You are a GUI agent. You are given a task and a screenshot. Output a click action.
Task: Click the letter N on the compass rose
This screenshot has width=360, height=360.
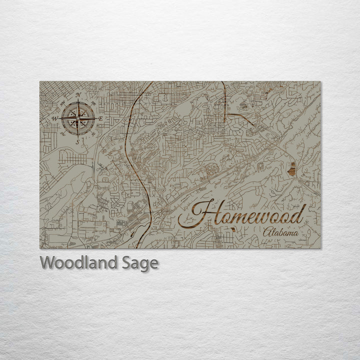pyautogui.click(x=78, y=94)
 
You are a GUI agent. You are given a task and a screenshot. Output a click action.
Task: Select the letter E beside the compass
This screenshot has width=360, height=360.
pyautogui.click(x=100, y=119)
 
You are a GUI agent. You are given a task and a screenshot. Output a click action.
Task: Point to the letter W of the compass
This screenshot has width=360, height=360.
pyautogui.click(x=54, y=118)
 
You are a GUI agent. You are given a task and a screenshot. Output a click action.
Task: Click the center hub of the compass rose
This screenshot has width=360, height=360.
pyautogui.click(x=78, y=118)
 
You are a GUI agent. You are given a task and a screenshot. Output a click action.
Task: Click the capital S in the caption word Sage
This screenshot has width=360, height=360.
pyautogui.click(x=123, y=262)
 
